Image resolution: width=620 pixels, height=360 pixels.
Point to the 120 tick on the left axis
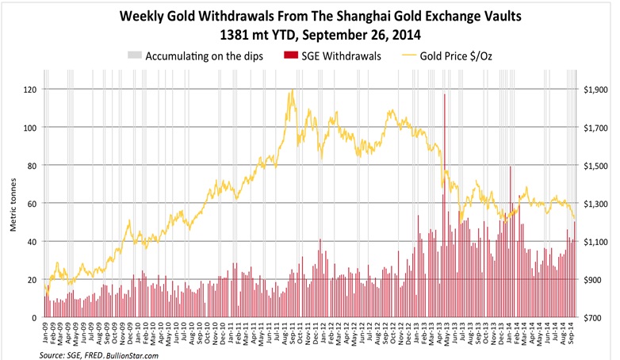click(29, 89)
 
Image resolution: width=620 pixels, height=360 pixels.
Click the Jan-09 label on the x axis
click(46, 333)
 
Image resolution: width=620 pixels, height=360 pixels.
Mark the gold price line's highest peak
click(293, 90)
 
